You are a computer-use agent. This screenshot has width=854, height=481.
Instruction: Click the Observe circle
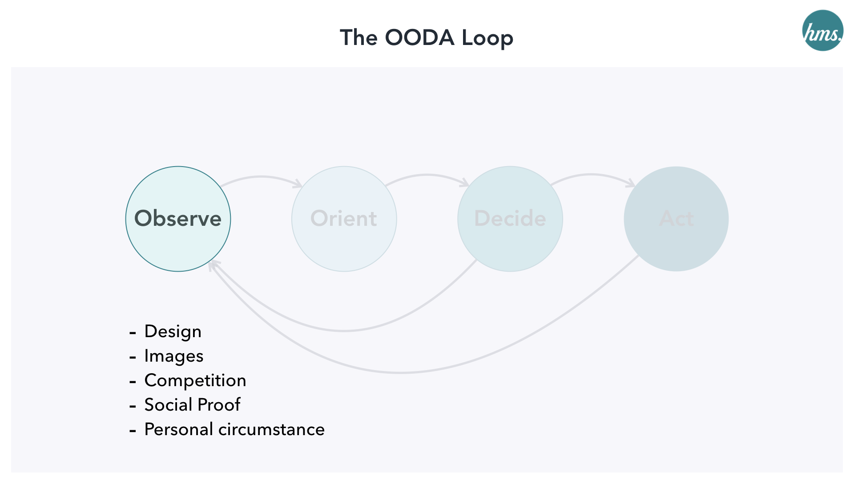click(178, 219)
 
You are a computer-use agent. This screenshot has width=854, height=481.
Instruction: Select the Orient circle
click(344, 219)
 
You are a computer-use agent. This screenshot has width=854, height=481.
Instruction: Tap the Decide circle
click(510, 219)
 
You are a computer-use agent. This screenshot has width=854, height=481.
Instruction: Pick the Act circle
click(676, 219)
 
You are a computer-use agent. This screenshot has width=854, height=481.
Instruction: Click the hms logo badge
click(822, 30)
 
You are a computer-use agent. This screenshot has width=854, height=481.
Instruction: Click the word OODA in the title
click(419, 37)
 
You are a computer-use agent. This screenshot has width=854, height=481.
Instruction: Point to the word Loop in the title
click(487, 38)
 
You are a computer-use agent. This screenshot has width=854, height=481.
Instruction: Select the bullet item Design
click(173, 332)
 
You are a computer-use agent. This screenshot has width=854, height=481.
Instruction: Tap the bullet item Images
click(174, 356)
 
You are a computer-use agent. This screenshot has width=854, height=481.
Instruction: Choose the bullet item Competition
click(195, 380)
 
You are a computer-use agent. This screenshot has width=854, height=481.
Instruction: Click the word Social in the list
click(168, 405)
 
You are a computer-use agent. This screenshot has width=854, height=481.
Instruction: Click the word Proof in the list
click(219, 405)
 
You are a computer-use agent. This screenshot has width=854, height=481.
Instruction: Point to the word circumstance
click(272, 430)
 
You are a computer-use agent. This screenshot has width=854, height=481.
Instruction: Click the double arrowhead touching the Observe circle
click(213, 265)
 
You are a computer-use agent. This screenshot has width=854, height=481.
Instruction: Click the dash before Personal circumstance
click(133, 431)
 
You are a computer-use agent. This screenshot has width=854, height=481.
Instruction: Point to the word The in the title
click(359, 37)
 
